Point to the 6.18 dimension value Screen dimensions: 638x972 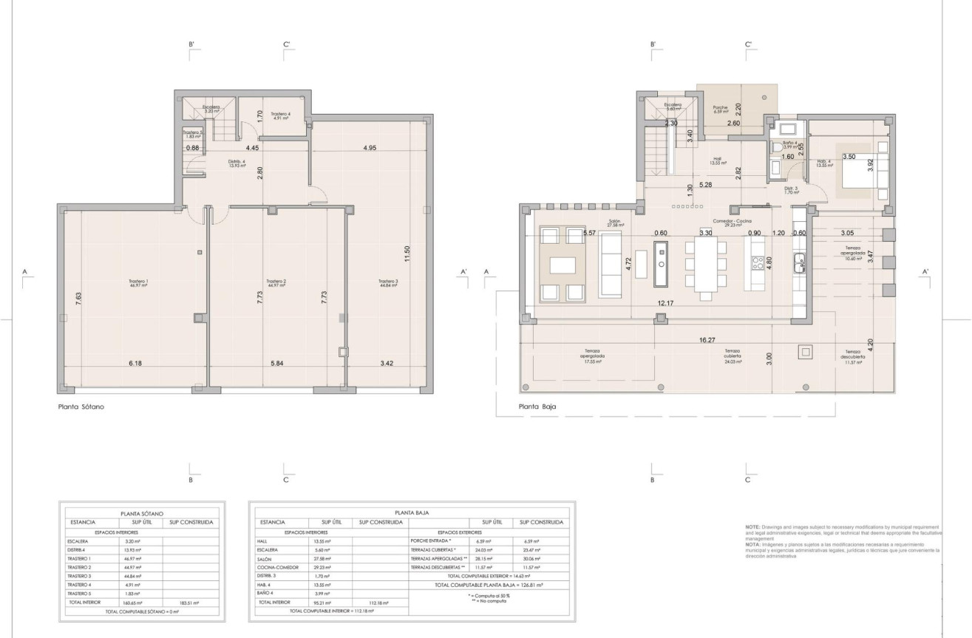[x=134, y=363]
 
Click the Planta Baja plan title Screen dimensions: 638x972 [x=537, y=407]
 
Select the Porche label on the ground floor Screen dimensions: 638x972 [x=721, y=108]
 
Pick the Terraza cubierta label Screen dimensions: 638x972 [x=733, y=354]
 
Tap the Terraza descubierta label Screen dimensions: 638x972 [x=853, y=354]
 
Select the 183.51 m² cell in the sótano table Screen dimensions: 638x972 [x=191, y=603]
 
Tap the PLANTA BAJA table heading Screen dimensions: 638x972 [x=411, y=512]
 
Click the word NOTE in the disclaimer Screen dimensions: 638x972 [x=752, y=526]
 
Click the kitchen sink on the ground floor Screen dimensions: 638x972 [x=800, y=260]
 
